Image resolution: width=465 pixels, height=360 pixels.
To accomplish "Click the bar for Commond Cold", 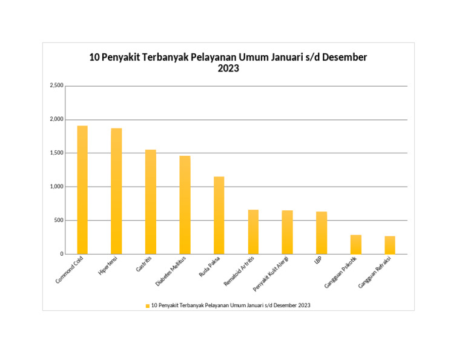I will (x=82, y=190).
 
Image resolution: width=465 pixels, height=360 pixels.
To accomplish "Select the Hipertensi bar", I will (x=116, y=191).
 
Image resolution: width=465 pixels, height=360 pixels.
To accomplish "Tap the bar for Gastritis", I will (x=150, y=202).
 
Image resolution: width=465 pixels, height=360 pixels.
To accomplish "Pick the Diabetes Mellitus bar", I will (x=185, y=205).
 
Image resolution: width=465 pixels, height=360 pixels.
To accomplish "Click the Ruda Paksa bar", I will (x=219, y=215).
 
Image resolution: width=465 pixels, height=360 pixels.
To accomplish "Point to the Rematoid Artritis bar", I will (x=253, y=232).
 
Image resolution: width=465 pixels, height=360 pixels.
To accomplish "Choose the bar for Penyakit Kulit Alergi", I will (x=287, y=232).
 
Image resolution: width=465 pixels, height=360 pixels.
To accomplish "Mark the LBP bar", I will (x=322, y=233).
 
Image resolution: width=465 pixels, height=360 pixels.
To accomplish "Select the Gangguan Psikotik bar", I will (x=355, y=244).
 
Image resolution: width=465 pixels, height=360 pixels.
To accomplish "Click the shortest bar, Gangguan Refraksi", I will (x=389, y=245).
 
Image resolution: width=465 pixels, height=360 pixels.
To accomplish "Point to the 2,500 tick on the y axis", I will (x=56, y=86).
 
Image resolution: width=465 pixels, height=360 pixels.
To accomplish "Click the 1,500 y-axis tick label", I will (x=56, y=153).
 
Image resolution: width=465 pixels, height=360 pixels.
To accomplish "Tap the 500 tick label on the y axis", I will (x=58, y=221).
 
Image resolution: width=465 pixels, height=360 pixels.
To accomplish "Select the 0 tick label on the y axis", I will (x=61, y=254).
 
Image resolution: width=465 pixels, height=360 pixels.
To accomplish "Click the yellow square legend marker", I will (x=147, y=305).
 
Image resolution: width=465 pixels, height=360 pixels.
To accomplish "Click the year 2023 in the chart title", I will (x=228, y=69).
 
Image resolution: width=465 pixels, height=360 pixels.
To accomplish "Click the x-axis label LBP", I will (x=317, y=261).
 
